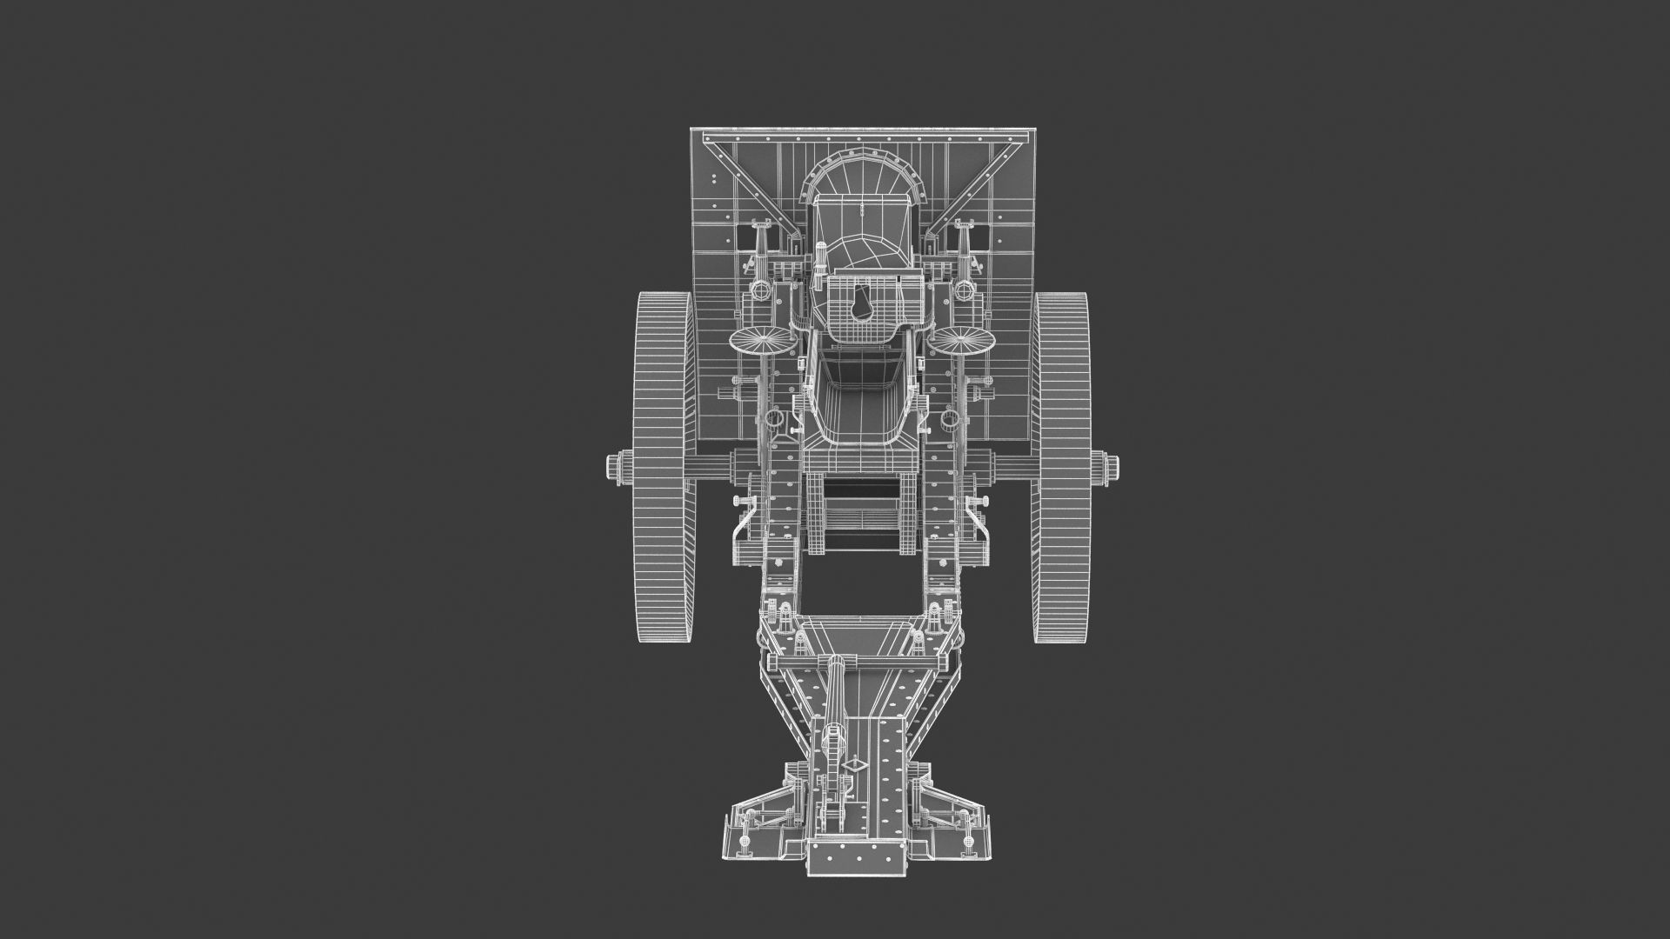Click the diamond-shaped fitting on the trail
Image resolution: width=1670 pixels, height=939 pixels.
(856, 764)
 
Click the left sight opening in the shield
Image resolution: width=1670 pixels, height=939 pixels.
(745, 232)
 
